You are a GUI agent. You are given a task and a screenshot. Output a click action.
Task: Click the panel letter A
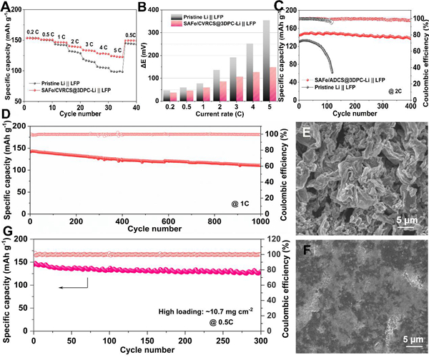click(x=6, y=6)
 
